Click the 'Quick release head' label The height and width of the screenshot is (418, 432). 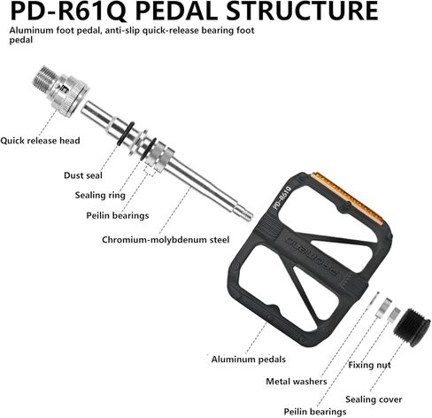pos(40,141)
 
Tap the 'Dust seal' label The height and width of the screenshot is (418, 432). pos(83,175)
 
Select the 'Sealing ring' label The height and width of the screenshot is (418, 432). pos(100,196)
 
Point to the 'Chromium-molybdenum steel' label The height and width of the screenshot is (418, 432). pos(166,239)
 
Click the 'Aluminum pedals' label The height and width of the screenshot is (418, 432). pos(249,360)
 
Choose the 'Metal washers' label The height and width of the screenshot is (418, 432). pos(297,382)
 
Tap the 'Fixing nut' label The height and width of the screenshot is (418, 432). pos(369,365)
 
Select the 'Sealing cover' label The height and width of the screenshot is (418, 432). pos(374,399)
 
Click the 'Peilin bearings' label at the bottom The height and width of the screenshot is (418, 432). pos(315,412)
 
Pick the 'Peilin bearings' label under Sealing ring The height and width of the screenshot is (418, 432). pos(118,215)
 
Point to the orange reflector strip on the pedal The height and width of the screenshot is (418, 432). pos(348,197)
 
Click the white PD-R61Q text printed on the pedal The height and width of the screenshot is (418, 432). pos(282,197)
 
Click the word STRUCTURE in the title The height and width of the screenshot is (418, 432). pos(302,12)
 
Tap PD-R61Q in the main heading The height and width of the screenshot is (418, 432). pos(68,12)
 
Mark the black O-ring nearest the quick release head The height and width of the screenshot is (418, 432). pos(126,134)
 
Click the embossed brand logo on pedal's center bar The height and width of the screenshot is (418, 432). pos(312,256)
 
